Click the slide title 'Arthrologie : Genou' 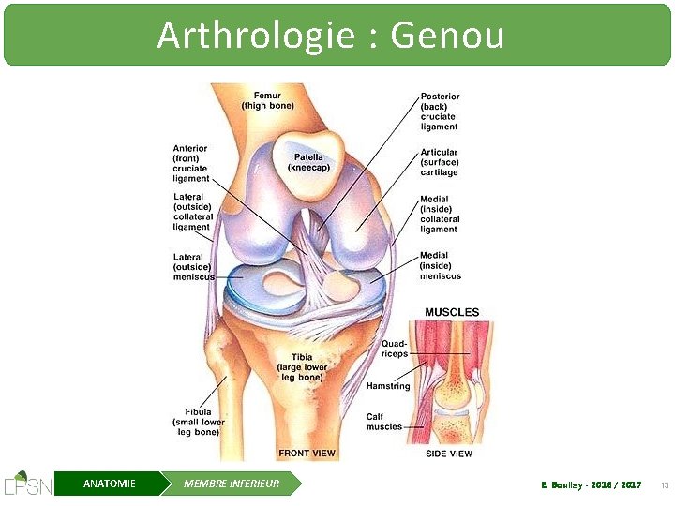pos(330,36)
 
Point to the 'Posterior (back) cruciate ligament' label pos(440,112)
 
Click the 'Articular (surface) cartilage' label pos(439,162)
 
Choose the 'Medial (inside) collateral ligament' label pos(440,214)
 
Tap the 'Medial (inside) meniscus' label pos(440,266)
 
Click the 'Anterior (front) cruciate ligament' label pos(191,163)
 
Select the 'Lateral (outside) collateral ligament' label pos(192,212)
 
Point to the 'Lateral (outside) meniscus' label pos(193,266)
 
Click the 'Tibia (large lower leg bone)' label pos(301,366)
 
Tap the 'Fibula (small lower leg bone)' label pos(198,422)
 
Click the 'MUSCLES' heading pos(452,312)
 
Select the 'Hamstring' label pos(388,386)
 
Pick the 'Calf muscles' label pos(383,422)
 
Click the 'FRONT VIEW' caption pos(307,454)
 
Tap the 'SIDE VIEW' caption pos(449,454)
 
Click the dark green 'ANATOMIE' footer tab pos(109,484)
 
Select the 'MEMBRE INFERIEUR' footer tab pos(232,484)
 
